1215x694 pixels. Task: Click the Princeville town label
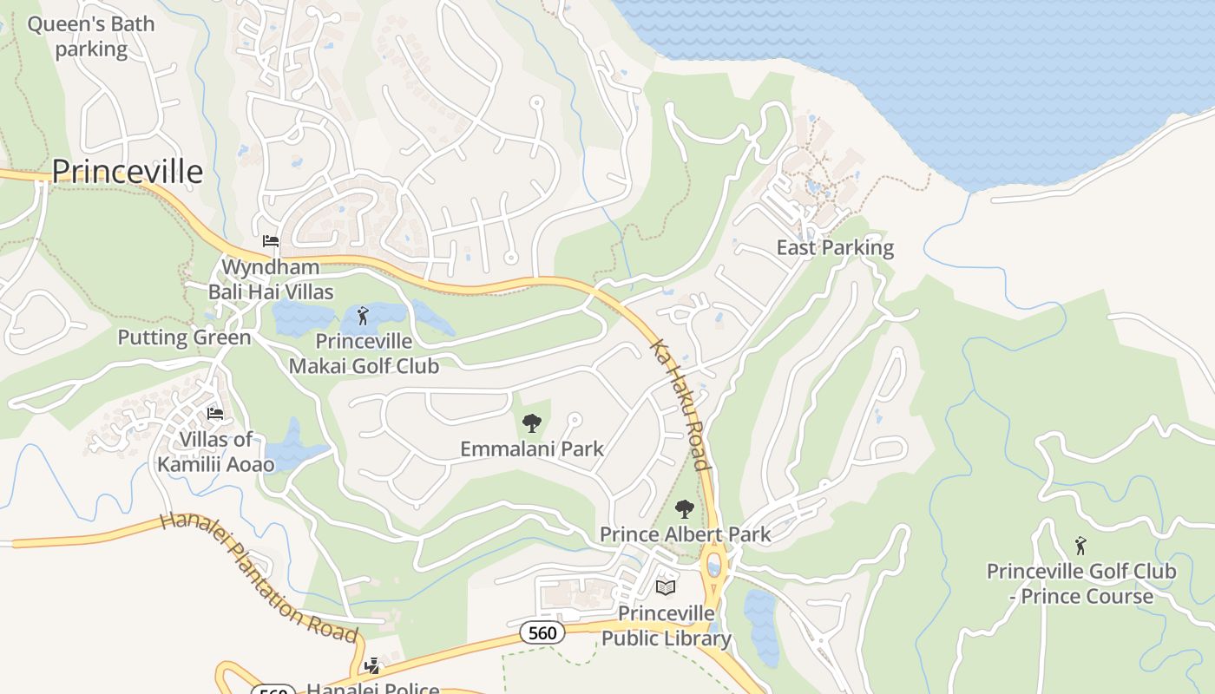click(128, 172)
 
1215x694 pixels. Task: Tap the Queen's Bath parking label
click(91, 36)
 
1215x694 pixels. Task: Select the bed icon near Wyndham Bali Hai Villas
click(271, 240)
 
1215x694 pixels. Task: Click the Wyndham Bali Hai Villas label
click(270, 279)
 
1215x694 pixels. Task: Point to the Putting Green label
click(184, 337)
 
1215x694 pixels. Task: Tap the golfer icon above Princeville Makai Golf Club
click(363, 315)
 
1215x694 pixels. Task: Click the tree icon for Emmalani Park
click(531, 423)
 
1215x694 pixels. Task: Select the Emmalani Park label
click(531, 448)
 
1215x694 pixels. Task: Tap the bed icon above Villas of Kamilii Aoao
click(215, 413)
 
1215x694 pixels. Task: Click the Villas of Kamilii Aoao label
click(215, 451)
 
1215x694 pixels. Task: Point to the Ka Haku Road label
click(681, 404)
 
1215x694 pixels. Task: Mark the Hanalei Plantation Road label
click(259, 577)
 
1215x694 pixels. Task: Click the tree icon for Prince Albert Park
click(685, 508)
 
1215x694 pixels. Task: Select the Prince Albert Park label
click(685, 534)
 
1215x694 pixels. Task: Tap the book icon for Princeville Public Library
click(666, 587)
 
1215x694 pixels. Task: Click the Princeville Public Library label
click(666, 625)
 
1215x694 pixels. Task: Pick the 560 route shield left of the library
click(542, 632)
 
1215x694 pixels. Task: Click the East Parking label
click(834, 247)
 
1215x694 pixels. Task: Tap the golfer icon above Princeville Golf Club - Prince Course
click(1080, 546)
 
